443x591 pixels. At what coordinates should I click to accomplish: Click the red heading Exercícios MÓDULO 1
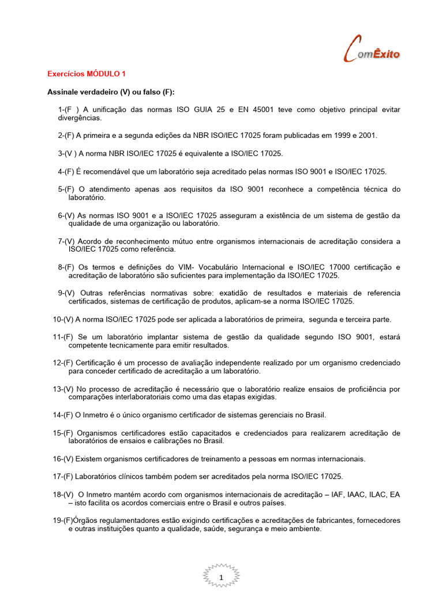tap(86, 74)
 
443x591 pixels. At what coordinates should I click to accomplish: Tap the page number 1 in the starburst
tap(222, 577)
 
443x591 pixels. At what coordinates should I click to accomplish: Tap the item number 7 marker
tap(59, 241)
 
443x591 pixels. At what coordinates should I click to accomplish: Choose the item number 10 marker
tap(57, 319)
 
